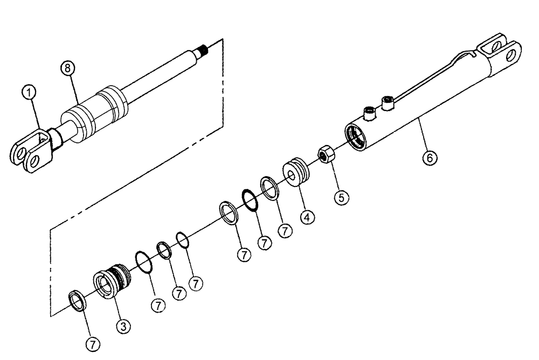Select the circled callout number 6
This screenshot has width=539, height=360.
(430, 158)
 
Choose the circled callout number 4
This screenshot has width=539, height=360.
(306, 218)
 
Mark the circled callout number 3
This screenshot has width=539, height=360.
(123, 326)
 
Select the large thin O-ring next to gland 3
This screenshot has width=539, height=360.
(143, 261)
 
